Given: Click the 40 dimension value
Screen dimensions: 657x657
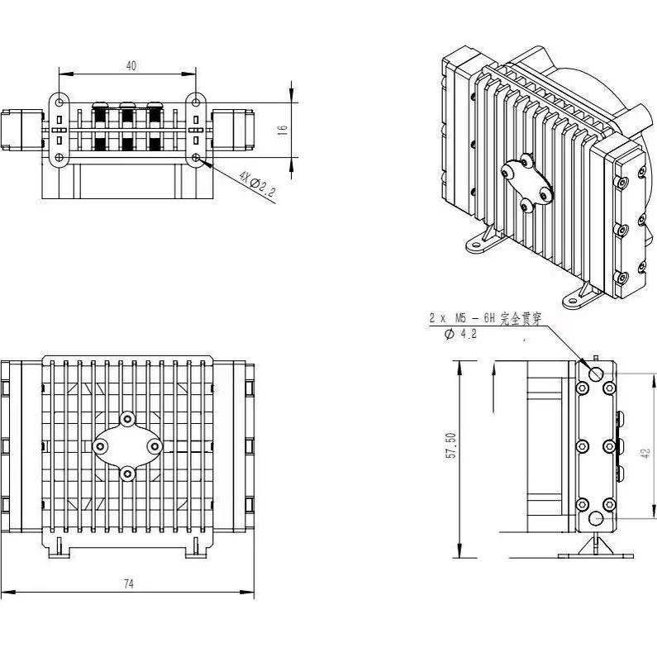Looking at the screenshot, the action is [x=131, y=66].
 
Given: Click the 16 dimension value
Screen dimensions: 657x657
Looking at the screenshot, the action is [x=283, y=130].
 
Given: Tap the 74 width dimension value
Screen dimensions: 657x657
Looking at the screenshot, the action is [x=128, y=583].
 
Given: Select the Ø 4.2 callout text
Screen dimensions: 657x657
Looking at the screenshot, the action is [x=459, y=334].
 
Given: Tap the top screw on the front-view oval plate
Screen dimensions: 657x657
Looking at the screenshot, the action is [x=127, y=419].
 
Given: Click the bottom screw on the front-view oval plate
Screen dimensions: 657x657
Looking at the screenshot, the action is [x=127, y=474].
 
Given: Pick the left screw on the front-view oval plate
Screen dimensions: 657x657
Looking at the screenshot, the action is [x=100, y=446].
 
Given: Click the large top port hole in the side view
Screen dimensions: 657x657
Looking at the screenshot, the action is [x=597, y=373].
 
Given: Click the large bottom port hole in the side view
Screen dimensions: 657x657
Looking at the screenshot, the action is [x=597, y=520].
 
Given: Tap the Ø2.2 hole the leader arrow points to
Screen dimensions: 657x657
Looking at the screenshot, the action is [x=197, y=157].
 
